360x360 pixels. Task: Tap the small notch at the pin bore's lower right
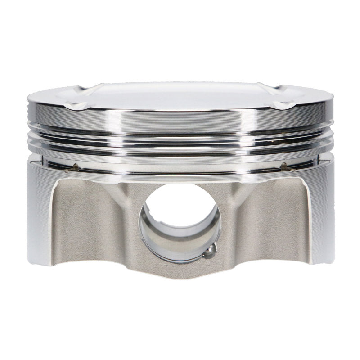coord(210,252)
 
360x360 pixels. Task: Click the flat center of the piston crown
coord(180,95)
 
